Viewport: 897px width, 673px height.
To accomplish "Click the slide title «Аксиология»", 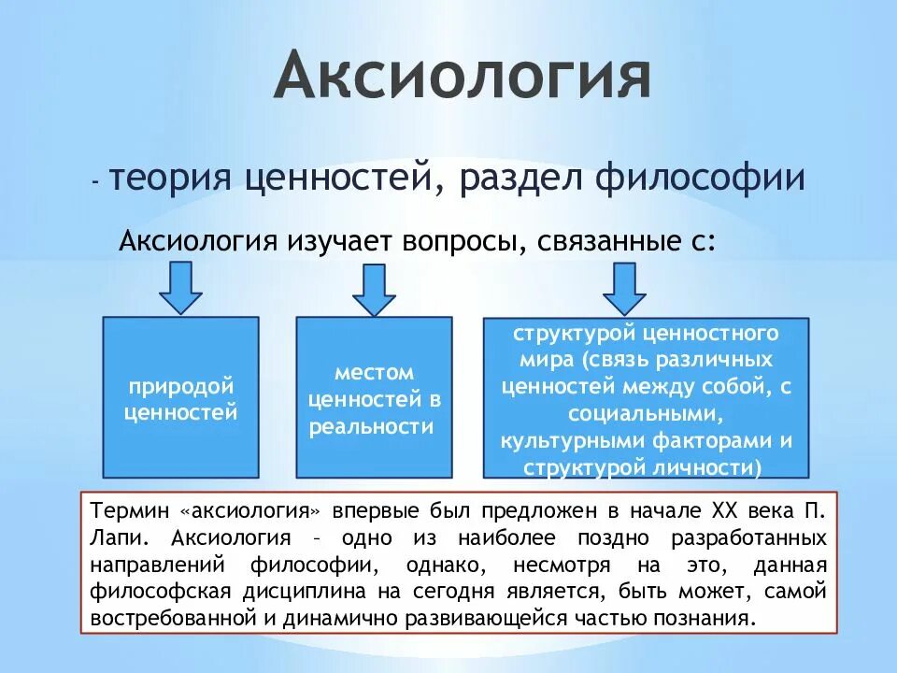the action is coord(463,78).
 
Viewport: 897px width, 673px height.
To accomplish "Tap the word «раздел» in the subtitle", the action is coord(513,177).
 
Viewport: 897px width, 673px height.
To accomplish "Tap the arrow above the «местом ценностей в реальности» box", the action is coord(374,289).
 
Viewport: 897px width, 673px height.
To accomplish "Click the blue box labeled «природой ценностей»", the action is coord(180,397).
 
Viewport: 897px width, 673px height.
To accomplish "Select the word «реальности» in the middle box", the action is coord(374,427).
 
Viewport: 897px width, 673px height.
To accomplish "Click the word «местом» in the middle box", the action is coord(374,373).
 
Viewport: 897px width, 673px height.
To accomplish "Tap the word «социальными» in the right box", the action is coord(647,413).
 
